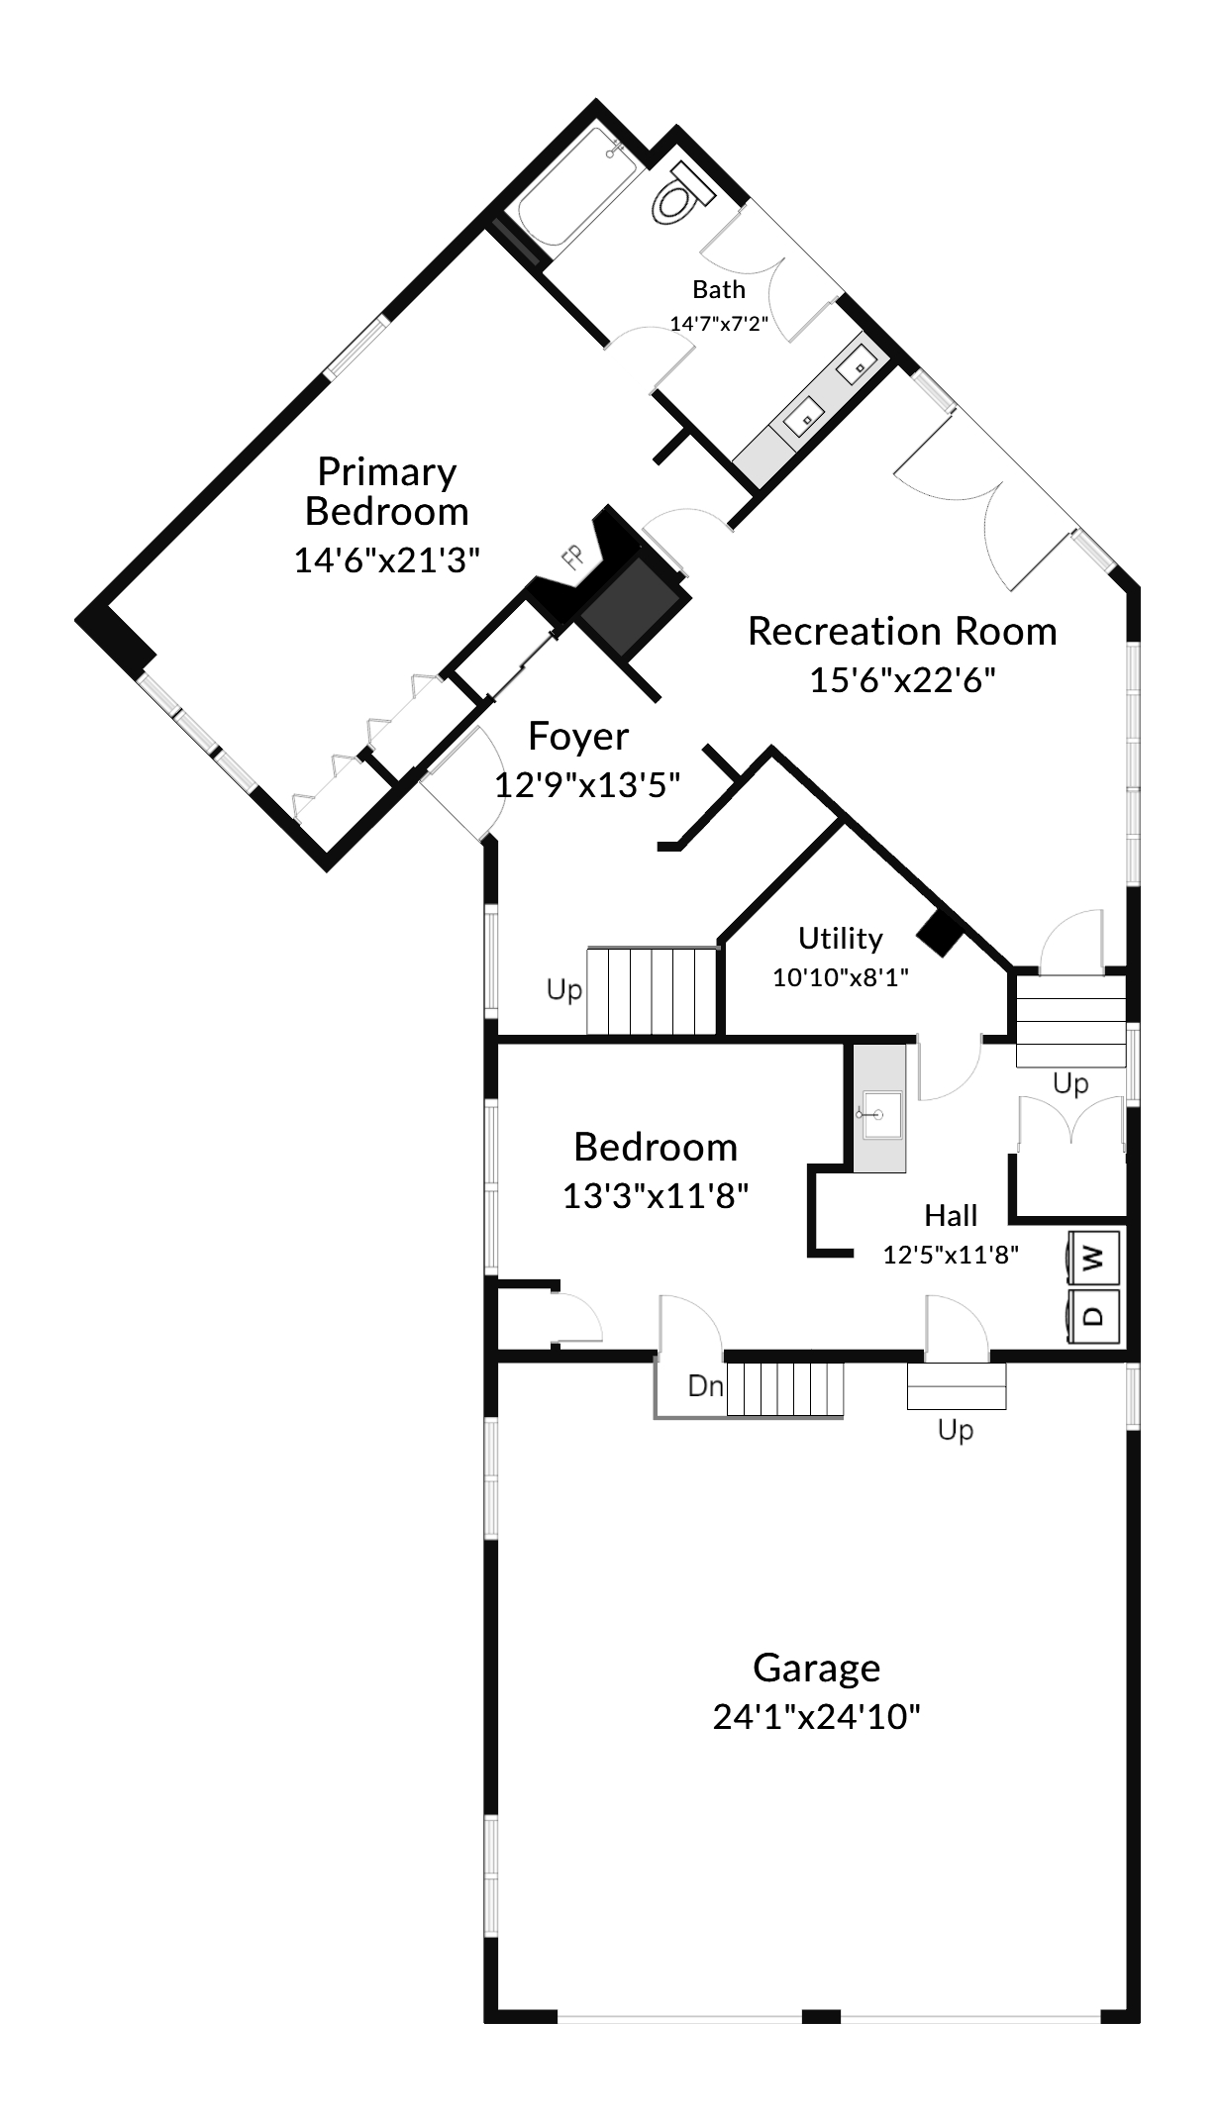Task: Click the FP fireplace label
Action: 571,558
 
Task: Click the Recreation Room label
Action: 902,631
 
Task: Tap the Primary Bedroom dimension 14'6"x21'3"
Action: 386,559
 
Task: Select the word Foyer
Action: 578,737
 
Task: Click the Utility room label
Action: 841,938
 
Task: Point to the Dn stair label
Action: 706,1385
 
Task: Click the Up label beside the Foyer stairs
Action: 564,990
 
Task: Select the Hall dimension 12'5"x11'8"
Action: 952,1255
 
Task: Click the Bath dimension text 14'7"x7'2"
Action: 719,323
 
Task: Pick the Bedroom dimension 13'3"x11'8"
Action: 656,1196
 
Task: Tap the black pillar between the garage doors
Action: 821,2016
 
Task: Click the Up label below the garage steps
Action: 956,1431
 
